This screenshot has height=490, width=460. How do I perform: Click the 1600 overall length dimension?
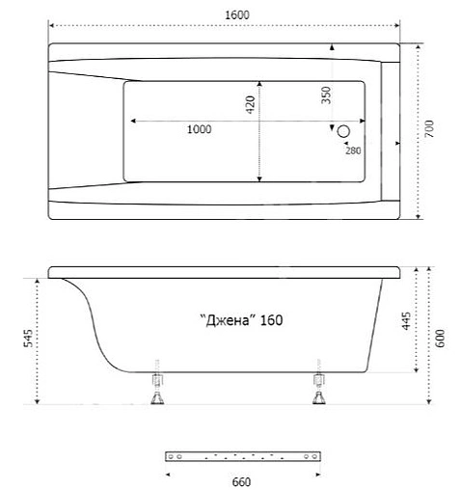(228, 15)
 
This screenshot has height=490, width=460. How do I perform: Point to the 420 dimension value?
(250, 103)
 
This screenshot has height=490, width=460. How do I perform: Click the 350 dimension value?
(326, 95)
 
